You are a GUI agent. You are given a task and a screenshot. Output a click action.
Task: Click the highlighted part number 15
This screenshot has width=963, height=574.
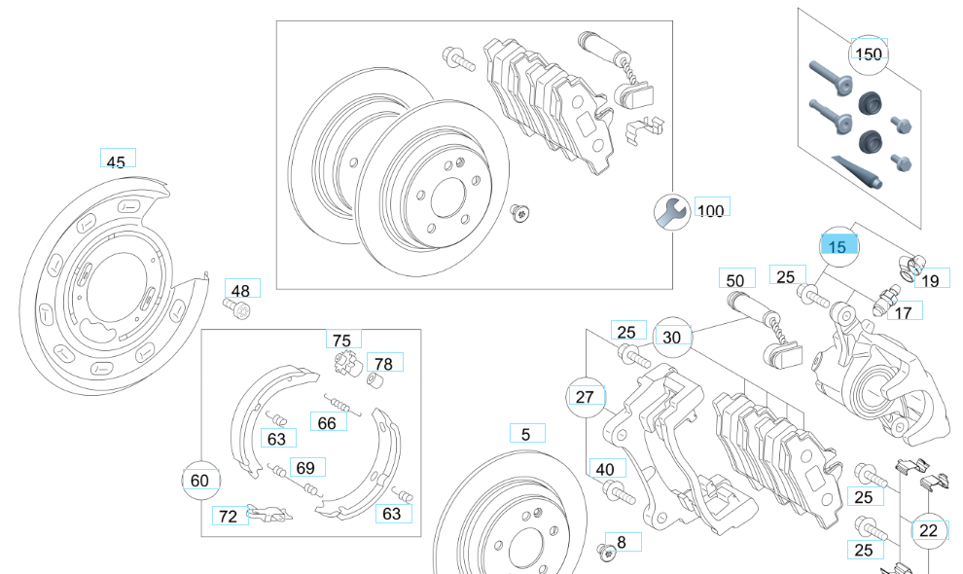pos(838,247)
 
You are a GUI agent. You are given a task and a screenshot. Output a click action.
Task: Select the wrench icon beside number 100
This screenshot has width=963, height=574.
pos(670,211)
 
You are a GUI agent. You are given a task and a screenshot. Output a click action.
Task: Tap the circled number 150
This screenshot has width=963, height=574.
pos(868,54)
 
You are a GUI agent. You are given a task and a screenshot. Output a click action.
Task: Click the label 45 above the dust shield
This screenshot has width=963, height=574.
pos(116,161)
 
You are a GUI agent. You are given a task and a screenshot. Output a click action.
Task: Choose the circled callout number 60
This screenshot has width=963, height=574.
pos(199,481)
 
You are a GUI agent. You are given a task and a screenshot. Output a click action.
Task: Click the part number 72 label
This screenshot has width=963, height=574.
pos(229,516)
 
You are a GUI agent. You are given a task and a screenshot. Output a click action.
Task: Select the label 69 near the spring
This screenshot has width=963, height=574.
pos(304,468)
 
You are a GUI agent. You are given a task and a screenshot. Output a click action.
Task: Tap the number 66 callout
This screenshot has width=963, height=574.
pos(327,422)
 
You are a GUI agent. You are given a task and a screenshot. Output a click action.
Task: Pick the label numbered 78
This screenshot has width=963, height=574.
pos(383,364)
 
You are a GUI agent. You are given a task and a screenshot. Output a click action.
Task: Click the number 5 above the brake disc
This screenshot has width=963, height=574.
pos(526,435)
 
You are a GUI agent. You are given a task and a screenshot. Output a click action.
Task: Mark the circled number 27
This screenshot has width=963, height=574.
pos(585,397)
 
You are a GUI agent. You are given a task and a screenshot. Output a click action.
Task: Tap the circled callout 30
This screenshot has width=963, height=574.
pos(672,337)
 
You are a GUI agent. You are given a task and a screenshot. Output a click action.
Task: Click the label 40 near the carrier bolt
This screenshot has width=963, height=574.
pos(605,469)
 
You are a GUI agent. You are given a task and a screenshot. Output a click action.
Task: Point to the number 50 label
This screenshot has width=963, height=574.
pos(735,279)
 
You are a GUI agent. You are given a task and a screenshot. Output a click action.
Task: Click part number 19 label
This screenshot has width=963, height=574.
pos(930,280)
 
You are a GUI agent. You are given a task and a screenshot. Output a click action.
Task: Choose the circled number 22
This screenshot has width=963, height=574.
pos(928,530)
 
